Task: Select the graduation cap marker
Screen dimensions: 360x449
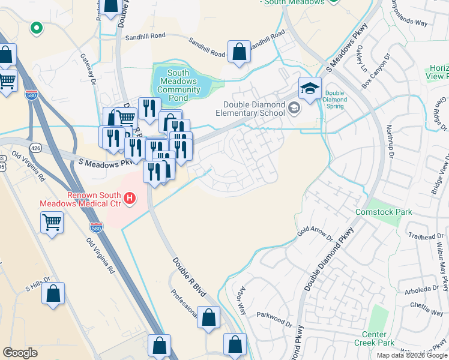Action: [310, 88]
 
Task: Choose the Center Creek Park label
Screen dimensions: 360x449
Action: [378, 338]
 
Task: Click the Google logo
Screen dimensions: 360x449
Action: [20, 353]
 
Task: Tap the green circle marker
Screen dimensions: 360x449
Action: [36, 28]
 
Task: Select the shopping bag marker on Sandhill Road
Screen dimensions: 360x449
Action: [239, 52]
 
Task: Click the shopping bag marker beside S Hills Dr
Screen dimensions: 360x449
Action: [53, 294]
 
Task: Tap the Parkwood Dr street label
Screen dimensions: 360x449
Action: [274, 319]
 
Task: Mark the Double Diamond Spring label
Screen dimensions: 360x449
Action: [334, 100]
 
